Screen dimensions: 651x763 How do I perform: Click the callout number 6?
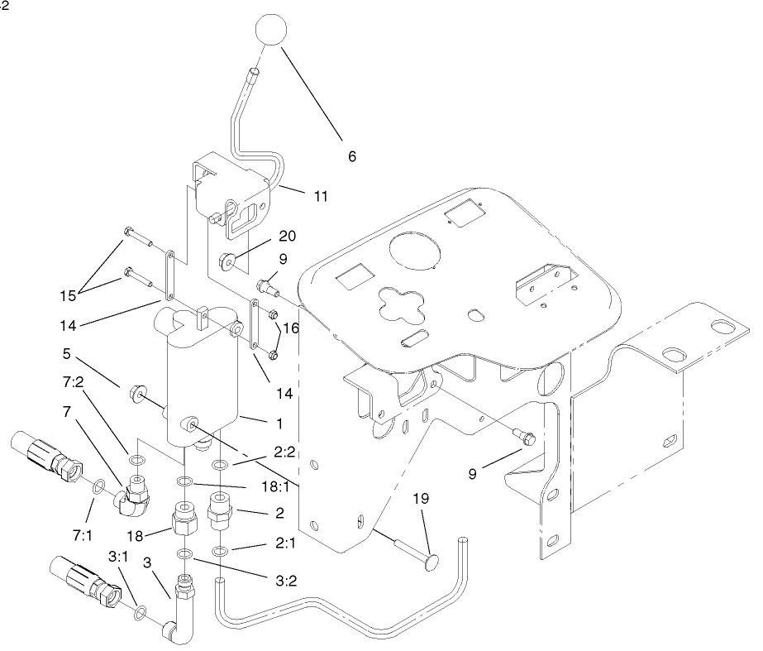(352, 156)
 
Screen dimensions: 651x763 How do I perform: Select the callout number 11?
(321, 197)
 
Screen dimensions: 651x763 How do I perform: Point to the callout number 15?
(71, 294)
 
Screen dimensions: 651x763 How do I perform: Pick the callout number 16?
(290, 328)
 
